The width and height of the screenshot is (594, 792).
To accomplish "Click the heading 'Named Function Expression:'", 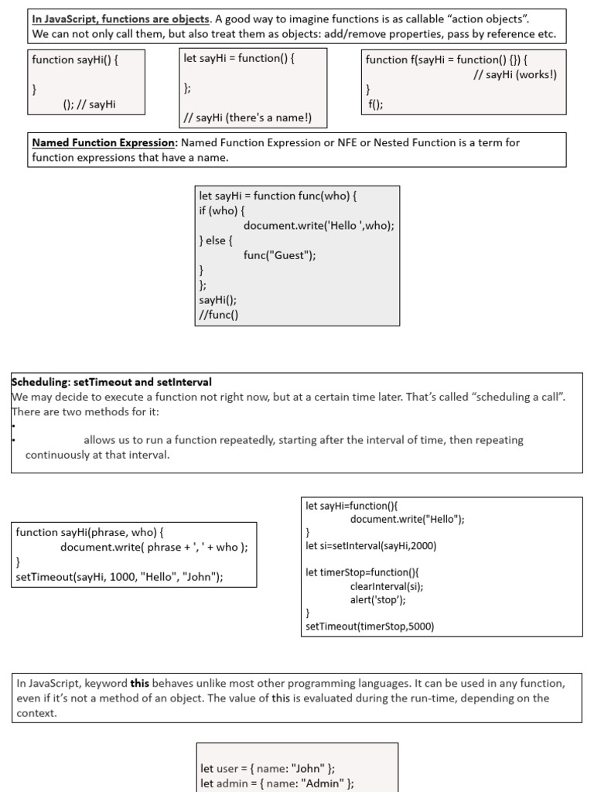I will pyautogui.click(x=104, y=142).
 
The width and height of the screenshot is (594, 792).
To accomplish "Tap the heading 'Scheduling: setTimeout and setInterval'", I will pyautogui.click(x=111, y=382).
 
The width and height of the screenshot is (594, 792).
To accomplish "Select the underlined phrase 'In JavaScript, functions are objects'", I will pyautogui.click(x=120, y=19).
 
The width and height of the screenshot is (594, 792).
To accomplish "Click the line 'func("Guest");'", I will pyautogui.click(x=279, y=255).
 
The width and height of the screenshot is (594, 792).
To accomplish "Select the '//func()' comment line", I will pyautogui.click(x=219, y=314).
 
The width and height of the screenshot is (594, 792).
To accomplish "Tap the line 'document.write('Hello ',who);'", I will pyautogui.click(x=319, y=226).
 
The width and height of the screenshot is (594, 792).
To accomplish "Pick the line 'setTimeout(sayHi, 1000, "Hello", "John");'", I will pyautogui.click(x=119, y=577).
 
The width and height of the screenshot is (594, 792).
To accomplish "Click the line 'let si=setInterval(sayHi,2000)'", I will pyautogui.click(x=371, y=546).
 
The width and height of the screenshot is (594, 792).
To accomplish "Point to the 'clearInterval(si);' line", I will pyautogui.click(x=386, y=585).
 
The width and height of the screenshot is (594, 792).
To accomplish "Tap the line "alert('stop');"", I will pyautogui.click(x=377, y=599).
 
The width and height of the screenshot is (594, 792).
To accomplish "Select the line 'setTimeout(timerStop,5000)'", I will pyautogui.click(x=370, y=626).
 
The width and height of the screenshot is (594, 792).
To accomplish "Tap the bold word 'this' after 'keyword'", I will pyautogui.click(x=139, y=683).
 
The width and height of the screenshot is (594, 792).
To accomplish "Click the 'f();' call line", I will pyautogui.click(x=375, y=104).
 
